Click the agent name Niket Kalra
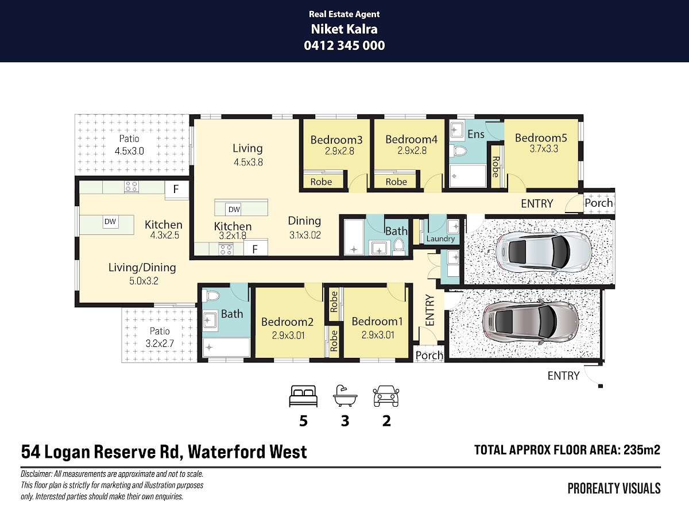[x=344, y=29]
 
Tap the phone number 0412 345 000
[x=344, y=45]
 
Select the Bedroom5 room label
[x=541, y=138]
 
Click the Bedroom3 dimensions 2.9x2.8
[x=339, y=151]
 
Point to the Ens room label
[x=476, y=134]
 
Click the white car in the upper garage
[x=544, y=252]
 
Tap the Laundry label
[x=440, y=239]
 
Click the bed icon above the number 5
[x=303, y=396]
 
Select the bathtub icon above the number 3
[x=345, y=396]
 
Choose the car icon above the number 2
[x=386, y=396]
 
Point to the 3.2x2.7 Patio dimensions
[x=160, y=344]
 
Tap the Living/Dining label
[x=142, y=268]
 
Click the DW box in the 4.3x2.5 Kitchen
[x=110, y=222]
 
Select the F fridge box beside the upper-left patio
[x=176, y=190]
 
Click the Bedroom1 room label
[x=377, y=322]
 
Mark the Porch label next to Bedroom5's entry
[x=599, y=203]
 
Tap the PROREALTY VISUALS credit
[x=614, y=488]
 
